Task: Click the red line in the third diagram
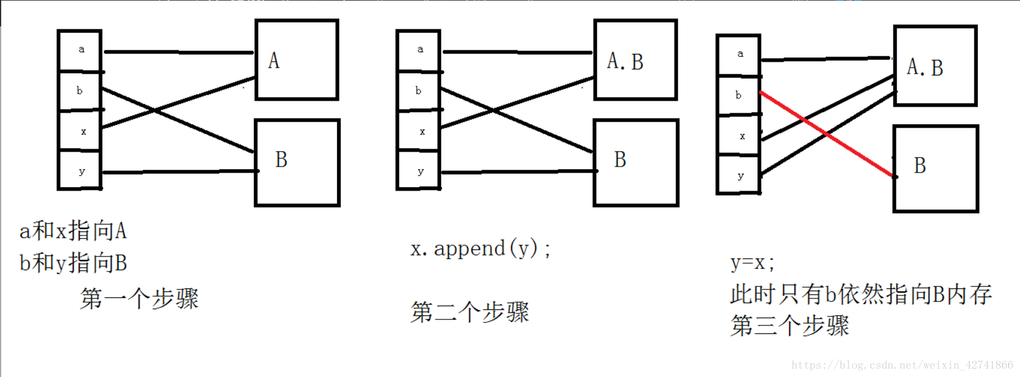pyautogui.click(x=828, y=135)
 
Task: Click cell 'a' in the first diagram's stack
pyautogui.click(x=81, y=50)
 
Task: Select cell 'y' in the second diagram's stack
pyautogui.click(x=420, y=171)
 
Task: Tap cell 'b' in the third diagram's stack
pyautogui.click(x=738, y=95)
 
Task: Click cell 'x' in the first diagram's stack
pyautogui.click(x=83, y=131)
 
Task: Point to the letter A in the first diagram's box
pyautogui.click(x=273, y=61)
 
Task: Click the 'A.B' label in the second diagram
pyautogui.click(x=625, y=61)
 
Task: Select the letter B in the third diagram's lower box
pyautogui.click(x=920, y=165)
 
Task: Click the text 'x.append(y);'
pyautogui.click(x=480, y=248)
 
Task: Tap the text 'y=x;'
pyautogui.click(x=753, y=263)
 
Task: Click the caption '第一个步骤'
pyautogui.click(x=139, y=298)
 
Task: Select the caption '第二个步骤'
pyautogui.click(x=470, y=312)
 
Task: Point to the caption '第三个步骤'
pyautogui.click(x=790, y=326)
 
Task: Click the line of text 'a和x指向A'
pyautogui.click(x=73, y=231)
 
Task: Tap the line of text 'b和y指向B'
pyautogui.click(x=73, y=263)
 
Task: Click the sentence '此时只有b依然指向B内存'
pyautogui.click(x=861, y=294)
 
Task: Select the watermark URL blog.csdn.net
pyautogui.click(x=902, y=365)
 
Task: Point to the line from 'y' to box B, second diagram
pyautogui.click(x=519, y=172)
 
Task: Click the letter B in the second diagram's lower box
pyautogui.click(x=620, y=159)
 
